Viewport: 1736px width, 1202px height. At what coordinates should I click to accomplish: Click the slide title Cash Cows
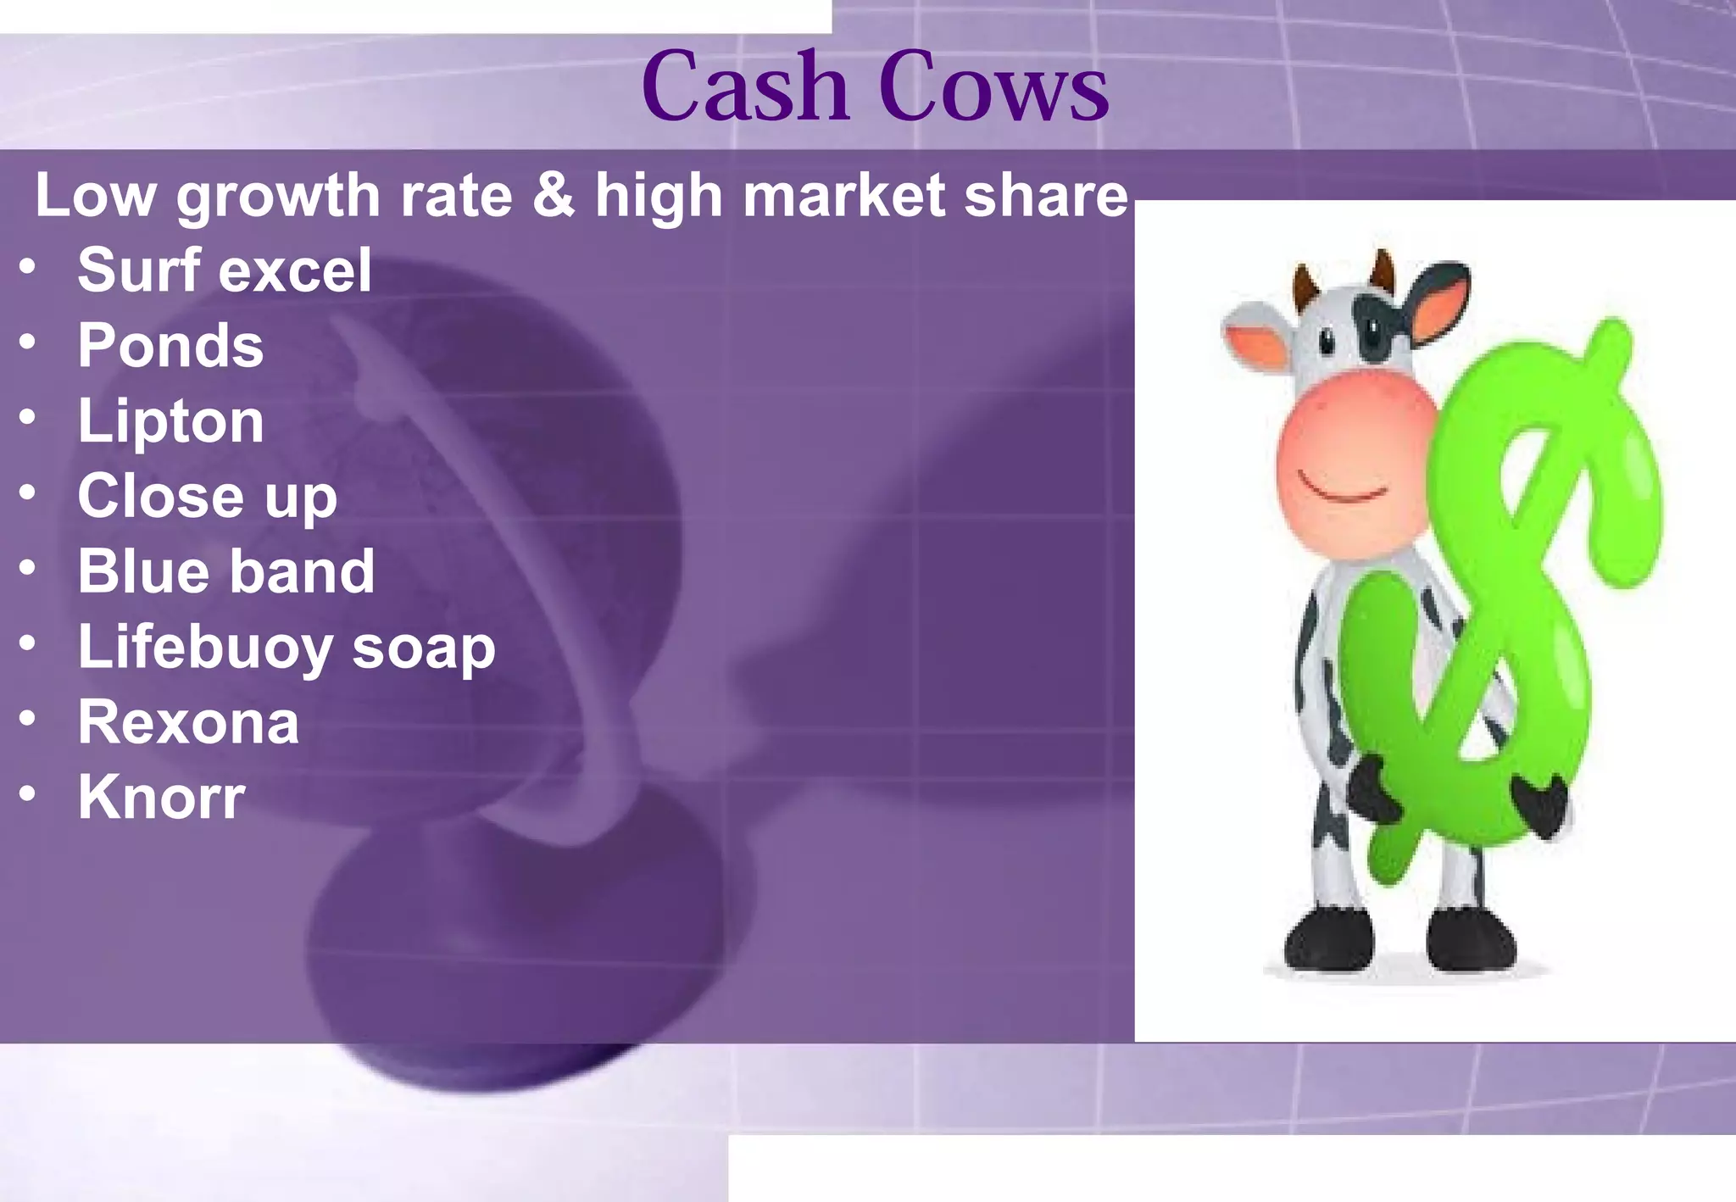pos(875,87)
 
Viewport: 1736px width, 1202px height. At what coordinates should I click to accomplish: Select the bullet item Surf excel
pos(225,270)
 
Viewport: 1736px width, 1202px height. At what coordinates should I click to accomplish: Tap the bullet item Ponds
pos(170,346)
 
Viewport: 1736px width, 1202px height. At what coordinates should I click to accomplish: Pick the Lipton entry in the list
pos(170,421)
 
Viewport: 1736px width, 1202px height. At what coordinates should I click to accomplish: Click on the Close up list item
pos(207,497)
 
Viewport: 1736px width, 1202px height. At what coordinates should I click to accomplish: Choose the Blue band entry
pos(225,571)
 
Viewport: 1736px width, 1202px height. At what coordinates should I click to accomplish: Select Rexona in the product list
pos(188,723)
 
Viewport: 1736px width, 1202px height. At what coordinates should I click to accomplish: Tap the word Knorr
pos(161,798)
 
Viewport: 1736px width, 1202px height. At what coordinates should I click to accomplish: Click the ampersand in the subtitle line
pos(554,196)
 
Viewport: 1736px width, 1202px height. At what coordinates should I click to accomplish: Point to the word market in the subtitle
pos(843,196)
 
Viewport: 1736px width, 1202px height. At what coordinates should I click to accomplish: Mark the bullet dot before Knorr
pos(28,793)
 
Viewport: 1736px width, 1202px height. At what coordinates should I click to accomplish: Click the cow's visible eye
pos(1327,342)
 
